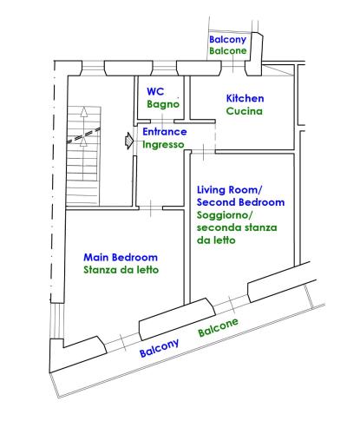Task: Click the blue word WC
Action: click(155, 91)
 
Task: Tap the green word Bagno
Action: click(163, 104)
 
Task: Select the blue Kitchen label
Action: click(245, 98)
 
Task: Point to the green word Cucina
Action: click(245, 111)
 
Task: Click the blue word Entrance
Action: click(165, 132)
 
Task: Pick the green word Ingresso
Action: click(163, 144)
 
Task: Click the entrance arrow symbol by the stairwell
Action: click(128, 141)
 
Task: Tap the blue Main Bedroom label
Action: click(121, 257)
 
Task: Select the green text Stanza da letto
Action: click(121, 270)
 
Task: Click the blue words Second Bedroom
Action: click(240, 202)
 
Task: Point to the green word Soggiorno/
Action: click(225, 215)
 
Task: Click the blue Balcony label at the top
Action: click(227, 40)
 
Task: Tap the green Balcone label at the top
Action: click(228, 51)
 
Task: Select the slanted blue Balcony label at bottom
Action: click(160, 348)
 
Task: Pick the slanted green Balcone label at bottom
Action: click(219, 327)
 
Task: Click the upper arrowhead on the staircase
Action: click(84, 112)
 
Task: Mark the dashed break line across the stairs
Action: click(83, 135)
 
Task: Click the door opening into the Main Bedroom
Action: click(151, 208)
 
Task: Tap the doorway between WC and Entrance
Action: click(162, 121)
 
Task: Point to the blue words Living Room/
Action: click(229, 190)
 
